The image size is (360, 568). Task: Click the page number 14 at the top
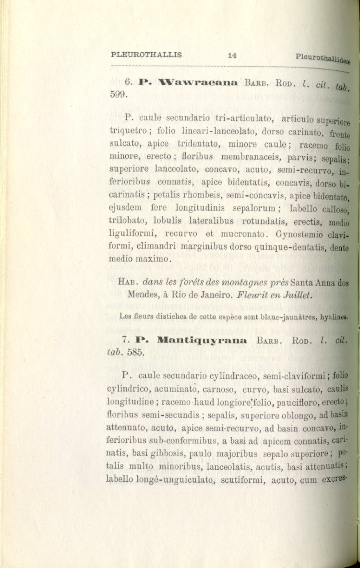coord(232,55)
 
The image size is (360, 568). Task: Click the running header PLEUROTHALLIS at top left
coord(146,54)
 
